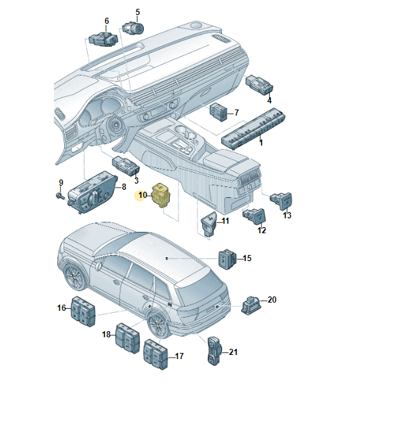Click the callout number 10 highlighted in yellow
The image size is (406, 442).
[142, 195]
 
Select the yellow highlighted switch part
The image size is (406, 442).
[160, 195]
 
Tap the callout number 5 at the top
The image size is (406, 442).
[138, 12]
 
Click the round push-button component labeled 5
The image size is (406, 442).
[133, 28]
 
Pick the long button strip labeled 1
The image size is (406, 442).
[253, 128]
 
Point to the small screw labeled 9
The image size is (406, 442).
[59, 195]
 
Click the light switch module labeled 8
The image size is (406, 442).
[92, 192]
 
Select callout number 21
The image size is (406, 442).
[233, 352]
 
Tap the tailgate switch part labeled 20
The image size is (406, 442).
[251, 305]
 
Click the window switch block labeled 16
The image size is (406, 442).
[82, 311]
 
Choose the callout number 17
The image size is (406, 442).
[179, 356]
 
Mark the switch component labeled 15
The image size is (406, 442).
[228, 259]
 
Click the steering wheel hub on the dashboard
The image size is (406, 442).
[116, 124]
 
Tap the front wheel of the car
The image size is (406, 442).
[74, 276]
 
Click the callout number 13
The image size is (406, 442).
[287, 216]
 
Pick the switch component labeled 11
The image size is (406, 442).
[209, 223]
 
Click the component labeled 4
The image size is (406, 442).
[259, 84]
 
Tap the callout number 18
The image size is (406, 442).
[106, 335]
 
